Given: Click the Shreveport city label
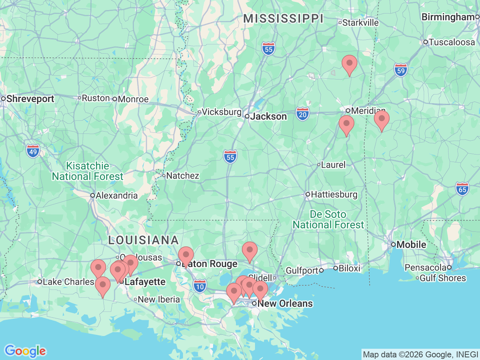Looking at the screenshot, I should tap(30, 99).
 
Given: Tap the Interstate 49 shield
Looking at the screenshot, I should tap(33, 151).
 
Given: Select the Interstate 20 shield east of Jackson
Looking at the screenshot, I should tap(303, 114).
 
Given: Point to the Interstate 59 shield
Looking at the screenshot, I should tap(401, 70).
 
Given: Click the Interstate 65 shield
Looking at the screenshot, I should tap(462, 189).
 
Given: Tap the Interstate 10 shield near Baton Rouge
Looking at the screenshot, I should tap(200, 286).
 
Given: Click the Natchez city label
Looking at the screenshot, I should tap(182, 175).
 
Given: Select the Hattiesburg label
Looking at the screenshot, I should tap(334, 194).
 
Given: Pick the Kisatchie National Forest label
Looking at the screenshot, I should tap(87, 171).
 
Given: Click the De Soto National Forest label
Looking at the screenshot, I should tap(328, 219).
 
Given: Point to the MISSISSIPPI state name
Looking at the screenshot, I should tap(283, 18).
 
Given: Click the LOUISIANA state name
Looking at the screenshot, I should tap(143, 240).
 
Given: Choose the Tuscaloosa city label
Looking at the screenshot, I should tap(451, 42).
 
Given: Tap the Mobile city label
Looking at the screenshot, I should tap(411, 244).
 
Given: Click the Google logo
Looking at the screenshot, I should tap(25, 351).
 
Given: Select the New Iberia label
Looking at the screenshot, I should tap(159, 299).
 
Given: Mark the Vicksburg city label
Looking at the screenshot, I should tap(221, 112).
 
